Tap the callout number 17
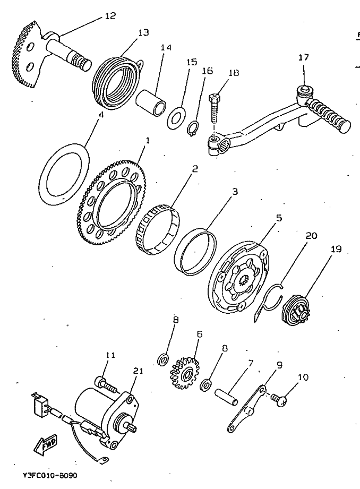(304, 57)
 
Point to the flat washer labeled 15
(175, 116)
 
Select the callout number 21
(138, 371)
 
